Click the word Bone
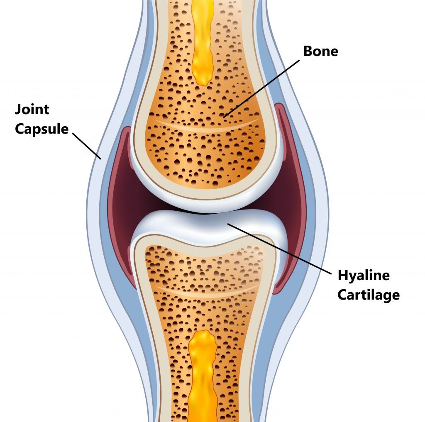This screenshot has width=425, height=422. tap(321, 51)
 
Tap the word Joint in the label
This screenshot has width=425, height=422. tap(32, 110)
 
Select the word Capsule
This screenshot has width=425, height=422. tap(42, 129)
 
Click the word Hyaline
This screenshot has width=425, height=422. tap(364, 276)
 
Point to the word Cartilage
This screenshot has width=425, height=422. tap(369, 295)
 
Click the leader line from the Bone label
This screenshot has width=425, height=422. tap(261, 89)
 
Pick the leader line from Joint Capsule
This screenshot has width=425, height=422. tap(86, 146)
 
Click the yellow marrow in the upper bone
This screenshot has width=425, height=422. tap(203, 41)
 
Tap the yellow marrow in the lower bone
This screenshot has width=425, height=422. tap(203, 377)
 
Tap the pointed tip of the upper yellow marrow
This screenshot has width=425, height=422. tap(204, 85)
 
